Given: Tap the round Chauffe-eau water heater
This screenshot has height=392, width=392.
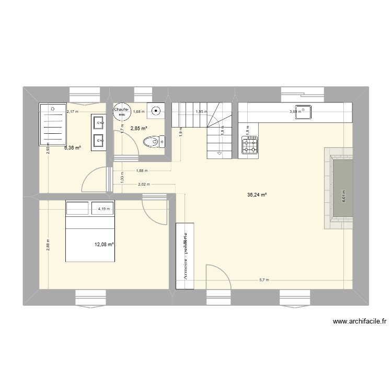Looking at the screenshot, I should (122, 111).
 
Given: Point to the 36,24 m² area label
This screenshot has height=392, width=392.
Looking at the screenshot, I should (257, 195).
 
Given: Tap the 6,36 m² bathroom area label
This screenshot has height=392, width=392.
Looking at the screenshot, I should (73, 148).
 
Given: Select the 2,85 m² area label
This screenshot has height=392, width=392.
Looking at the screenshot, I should (138, 128).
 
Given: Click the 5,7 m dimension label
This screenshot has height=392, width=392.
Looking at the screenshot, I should (263, 280).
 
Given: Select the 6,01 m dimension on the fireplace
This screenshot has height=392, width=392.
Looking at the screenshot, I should (343, 195).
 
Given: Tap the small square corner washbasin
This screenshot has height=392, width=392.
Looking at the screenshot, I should (156, 111).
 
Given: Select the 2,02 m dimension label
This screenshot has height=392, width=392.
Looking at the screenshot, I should (143, 184).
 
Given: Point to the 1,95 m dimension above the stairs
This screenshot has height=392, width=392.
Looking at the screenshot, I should (201, 111).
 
